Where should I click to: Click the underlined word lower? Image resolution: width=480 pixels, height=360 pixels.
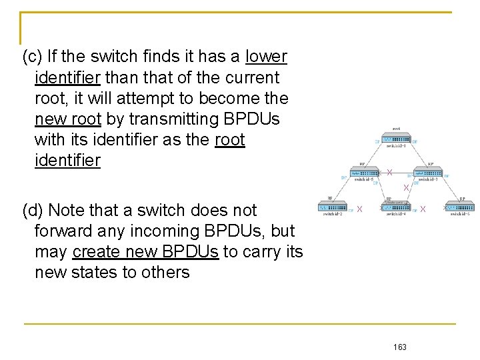pos(266,57)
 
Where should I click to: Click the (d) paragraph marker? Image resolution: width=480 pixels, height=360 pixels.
pos(33,211)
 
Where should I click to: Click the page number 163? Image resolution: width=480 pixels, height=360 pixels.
pos(400,347)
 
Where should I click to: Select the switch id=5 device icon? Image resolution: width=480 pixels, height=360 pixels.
pos(363,173)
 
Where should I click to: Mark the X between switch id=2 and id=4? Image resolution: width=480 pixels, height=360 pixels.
pos(359,209)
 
